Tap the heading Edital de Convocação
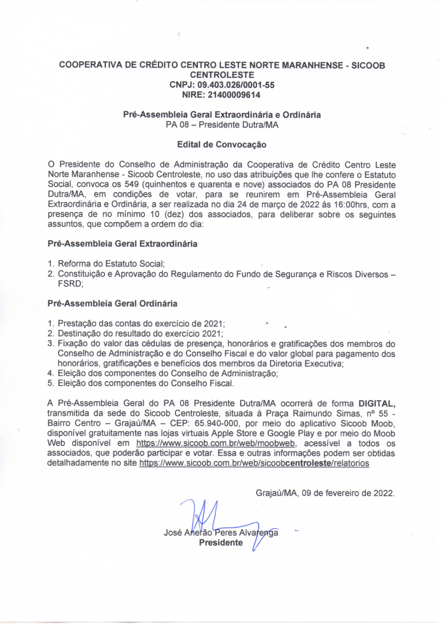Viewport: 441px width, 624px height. point(221,145)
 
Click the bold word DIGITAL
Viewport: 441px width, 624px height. point(376,404)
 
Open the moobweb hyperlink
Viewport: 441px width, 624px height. point(216,444)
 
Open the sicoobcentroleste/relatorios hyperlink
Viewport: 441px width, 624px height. point(254,463)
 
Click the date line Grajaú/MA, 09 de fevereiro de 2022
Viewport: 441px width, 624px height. point(325,493)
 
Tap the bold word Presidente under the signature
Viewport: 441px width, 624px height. point(220,543)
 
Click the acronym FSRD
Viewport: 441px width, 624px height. point(70,284)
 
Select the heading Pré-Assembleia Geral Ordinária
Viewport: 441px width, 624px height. point(112,304)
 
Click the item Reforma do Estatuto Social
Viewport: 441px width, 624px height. point(111,264)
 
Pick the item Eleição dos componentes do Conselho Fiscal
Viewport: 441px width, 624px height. point(146,384)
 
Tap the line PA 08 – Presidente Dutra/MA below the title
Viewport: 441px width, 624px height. point(222,125)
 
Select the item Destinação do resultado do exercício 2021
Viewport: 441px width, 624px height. point(140,334)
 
